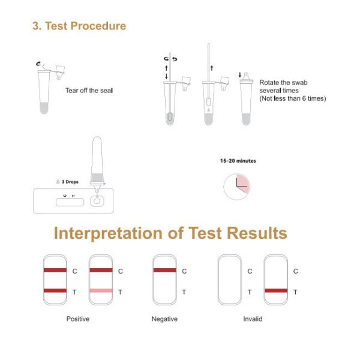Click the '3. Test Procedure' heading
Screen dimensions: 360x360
[x=79, y=26]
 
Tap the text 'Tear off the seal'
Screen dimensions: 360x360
[x=89, y=91]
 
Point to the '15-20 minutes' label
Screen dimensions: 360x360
[x=238, y=161]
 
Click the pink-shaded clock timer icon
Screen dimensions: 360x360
[x=237, y=187]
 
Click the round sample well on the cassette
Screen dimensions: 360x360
[x=97, y=202]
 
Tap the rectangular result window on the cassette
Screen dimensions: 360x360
[x=70, y=202]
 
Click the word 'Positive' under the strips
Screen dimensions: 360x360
[x=78, y=319]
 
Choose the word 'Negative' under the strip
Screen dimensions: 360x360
[x=164, y=319]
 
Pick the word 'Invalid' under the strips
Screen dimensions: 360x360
[x=253, y=319]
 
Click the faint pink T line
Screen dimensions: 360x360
[x=101, y=290]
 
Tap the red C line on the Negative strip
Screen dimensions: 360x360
[x=164, y=270]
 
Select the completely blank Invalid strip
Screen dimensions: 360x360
[x=230, y=280]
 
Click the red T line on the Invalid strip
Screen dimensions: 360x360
[x=276, y=290]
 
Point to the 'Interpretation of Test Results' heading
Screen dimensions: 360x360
[x=170, y=233]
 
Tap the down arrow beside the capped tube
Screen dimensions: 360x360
[x=240, y=74]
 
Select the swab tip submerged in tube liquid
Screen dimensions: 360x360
[x=170, y=116]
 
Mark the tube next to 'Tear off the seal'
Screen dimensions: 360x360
[x=44, y=92]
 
